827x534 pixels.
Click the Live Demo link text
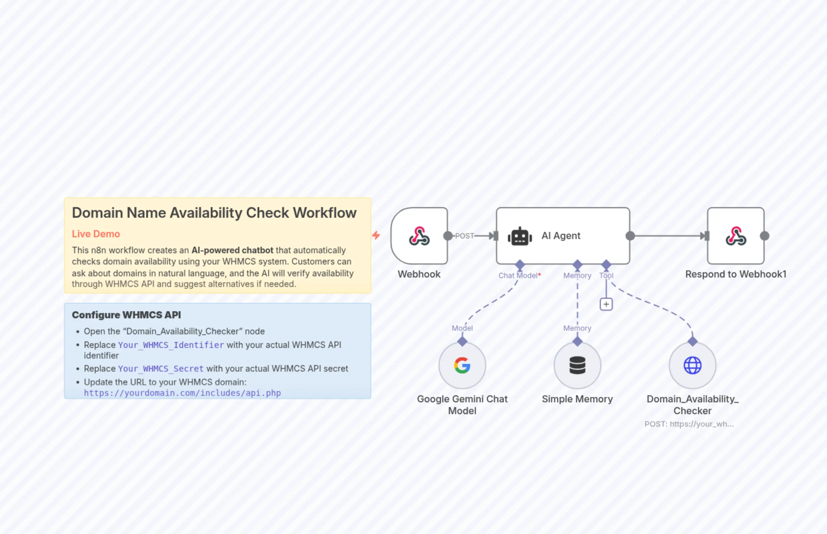tap(96, 234)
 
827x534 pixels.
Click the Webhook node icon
tap(419, 236)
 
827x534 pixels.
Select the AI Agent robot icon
tap(520, 236)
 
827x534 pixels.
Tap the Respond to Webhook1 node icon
tap(736, 236)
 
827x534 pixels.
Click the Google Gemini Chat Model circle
tap(462, 365)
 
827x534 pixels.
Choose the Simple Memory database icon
tap(577, 365)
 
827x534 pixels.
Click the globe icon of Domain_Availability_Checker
tap(692, 365)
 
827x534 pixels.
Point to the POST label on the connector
tap(464, 236)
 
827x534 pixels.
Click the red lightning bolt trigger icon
tap(376, 235)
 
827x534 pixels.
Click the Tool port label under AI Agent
tap(606, 276)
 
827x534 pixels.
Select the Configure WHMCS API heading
tap(126, 315)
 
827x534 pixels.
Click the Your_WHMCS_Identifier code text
tap(171, 345)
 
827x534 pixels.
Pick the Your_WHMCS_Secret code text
tap(161, 369)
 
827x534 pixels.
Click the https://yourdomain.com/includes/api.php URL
tap(182, 393)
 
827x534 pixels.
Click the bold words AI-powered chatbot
tap(232, 250)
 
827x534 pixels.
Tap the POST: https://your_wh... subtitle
tap(689, 424)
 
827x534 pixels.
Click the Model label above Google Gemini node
tap(462, 328)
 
